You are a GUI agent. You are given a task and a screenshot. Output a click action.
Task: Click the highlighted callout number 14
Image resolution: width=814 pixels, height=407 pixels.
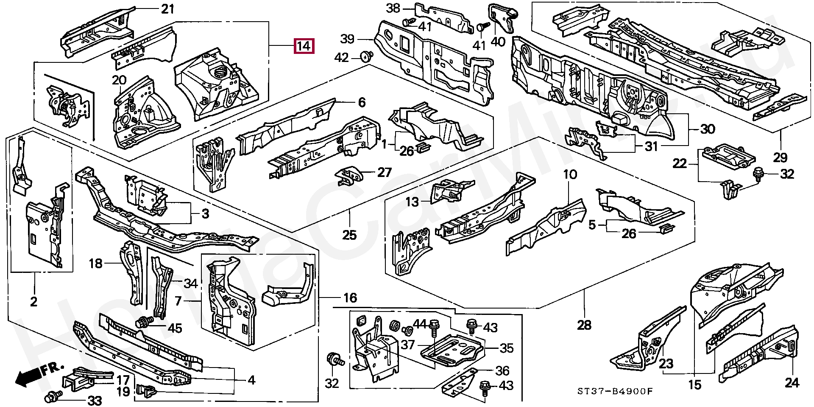tap(304, 46)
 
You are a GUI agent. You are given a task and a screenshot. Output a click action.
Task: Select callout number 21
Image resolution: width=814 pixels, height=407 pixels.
tap(167, 8)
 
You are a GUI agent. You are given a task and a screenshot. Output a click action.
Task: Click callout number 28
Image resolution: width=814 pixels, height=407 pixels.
tap(584, 326)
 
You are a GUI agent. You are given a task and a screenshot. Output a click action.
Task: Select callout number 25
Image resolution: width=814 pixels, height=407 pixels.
tap(349, 235)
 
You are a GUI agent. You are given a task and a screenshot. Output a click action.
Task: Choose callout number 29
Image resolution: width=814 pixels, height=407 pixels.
tap(780, 157)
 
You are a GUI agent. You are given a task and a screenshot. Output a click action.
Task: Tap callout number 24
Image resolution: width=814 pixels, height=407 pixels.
tap(791, 383)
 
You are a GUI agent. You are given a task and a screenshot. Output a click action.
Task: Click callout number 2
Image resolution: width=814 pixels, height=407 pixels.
tap(33, 302)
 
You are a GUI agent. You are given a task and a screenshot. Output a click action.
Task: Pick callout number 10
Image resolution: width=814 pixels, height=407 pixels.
tap(570, 174)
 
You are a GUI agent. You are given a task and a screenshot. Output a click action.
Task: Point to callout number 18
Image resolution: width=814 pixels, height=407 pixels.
tap(96, 264)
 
